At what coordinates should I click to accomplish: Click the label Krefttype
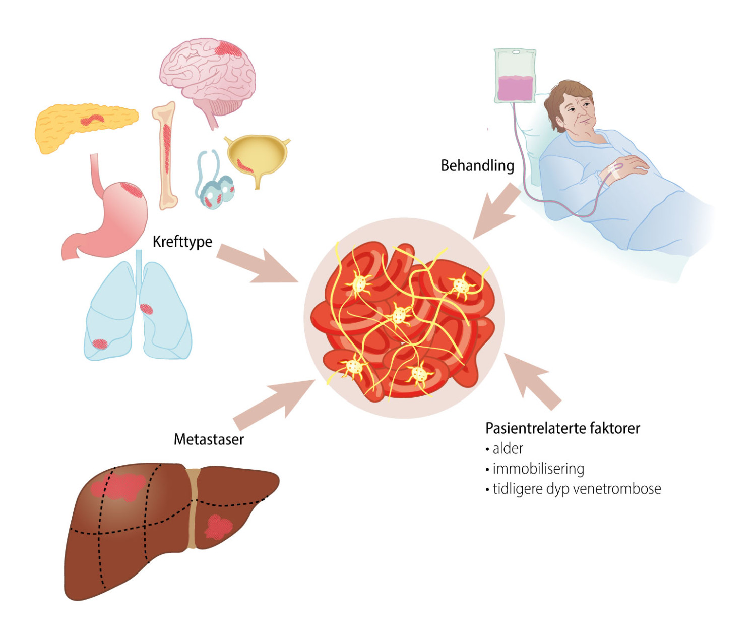(x=182, y=242)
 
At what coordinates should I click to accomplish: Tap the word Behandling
(x=477, y=165)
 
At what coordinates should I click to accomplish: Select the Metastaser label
(x=209, y=439)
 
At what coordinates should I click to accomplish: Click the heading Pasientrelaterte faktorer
(x=562, y=428)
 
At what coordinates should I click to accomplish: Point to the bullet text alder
(x=508, y=448)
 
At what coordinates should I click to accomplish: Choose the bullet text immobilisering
(x=538, y=469)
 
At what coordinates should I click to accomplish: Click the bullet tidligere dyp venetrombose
(x=577, y=489)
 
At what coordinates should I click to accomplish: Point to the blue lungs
(x=137, y=313)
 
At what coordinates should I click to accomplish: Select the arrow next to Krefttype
(x=257, y=263)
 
